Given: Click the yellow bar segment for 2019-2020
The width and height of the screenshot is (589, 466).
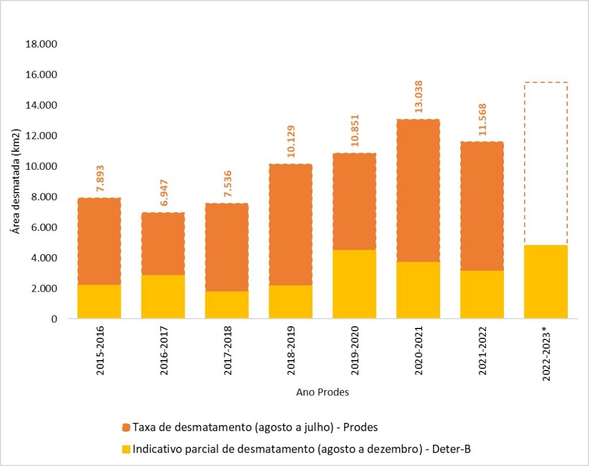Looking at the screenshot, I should [354, 284].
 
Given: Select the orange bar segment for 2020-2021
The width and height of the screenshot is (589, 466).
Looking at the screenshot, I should [418, 190].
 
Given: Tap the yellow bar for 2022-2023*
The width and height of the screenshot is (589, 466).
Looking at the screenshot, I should [546, 281].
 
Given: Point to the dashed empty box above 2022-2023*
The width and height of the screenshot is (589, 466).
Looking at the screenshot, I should [546, 163].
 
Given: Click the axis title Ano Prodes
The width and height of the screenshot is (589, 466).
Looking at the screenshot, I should [322, 392].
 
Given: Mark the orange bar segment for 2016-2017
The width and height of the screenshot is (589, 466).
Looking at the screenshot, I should [163, 243].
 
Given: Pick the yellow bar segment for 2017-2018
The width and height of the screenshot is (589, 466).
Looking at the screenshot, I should [227, 304].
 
